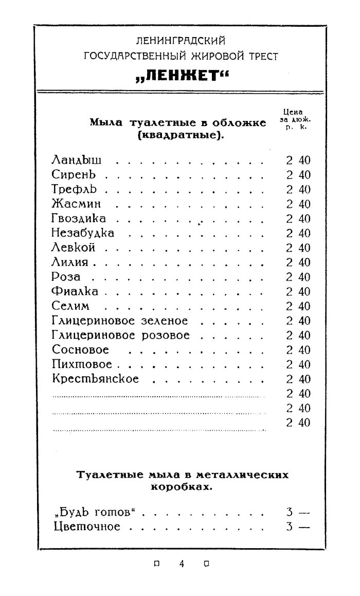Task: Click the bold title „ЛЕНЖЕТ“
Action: [x=181, y=76]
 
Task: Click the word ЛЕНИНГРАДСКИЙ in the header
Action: [x=181, y=40]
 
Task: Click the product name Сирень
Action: [x=74, y=175]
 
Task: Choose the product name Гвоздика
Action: [x=79, y=219]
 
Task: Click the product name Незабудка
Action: [x=83, y=233]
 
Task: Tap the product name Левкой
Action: [x=74, y=248]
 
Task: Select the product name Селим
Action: [x=70, y=306]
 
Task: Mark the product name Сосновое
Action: [x=80, y=350]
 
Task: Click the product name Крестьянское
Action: [x=95, y=379]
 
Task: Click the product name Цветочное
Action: [x=87, y=527]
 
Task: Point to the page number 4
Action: [x=182, y=564]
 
